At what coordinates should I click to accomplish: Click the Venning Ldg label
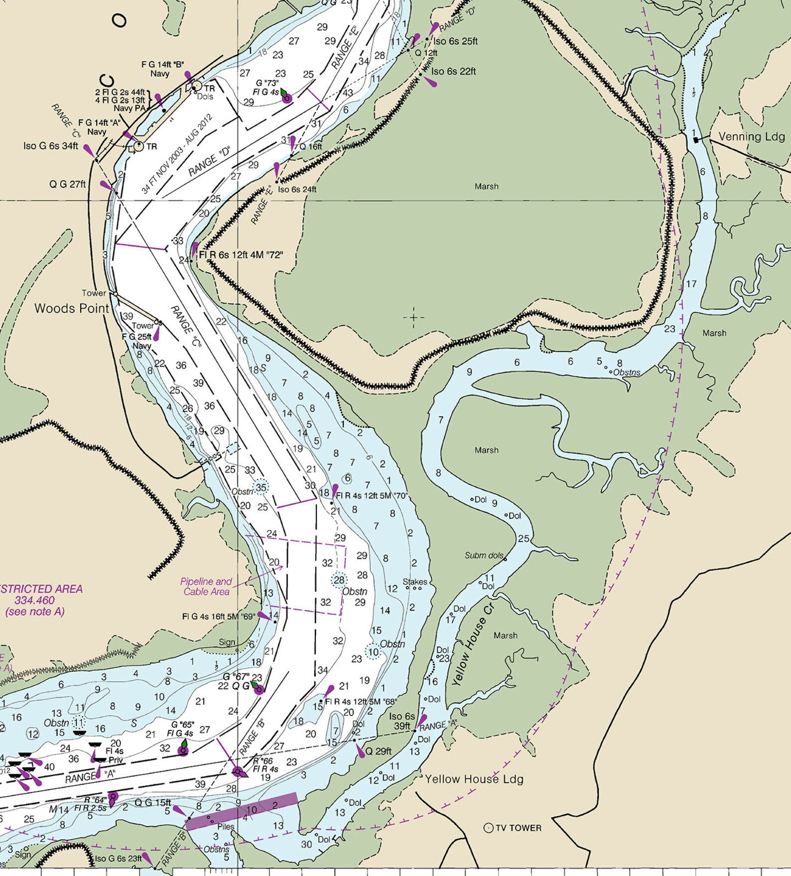click(751, 136)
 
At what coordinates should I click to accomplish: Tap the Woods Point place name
click(72, 308)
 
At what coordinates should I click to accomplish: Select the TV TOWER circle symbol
click(489, 828)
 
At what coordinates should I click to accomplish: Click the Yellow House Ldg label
click(474, 779)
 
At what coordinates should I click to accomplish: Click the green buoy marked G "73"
click(286, 98)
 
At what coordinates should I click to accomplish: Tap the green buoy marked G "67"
click(259, 690)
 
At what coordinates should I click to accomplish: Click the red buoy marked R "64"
click(113, 797)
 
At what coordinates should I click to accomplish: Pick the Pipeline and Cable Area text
click(206, 586)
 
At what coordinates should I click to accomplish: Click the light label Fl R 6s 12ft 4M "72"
click(241, 255)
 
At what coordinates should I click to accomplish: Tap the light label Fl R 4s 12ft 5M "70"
click(372, 496)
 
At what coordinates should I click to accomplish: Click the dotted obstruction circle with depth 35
click(261, 487)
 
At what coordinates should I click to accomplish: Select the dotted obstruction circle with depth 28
click(339, 580)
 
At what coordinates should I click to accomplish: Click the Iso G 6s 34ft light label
click(50, 146)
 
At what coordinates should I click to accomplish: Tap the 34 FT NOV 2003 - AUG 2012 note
click(177, 154)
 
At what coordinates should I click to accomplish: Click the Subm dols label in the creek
click(484, 555)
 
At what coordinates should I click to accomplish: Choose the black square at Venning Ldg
click(696, 140)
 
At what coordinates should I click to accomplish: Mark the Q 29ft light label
click(378, 751)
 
